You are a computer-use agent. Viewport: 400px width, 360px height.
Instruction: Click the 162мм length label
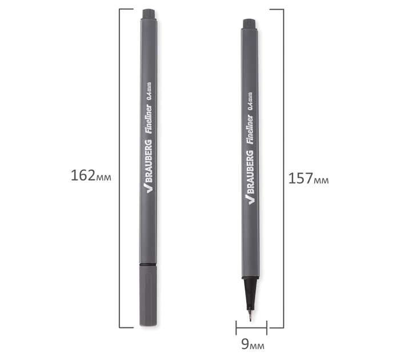(x=91, y=175)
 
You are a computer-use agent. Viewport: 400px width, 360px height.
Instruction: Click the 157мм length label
(x=309, y=178)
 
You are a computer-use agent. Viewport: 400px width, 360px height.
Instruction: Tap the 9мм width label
(x=253, y=344)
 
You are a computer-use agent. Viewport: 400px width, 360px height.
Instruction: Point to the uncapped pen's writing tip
(x=250, y=318)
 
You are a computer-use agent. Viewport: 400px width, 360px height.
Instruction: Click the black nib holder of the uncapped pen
(x=250, y=293)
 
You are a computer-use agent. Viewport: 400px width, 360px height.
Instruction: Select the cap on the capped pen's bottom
(x=148, y=296)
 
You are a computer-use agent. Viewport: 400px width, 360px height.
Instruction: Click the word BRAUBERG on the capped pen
(x=149, y=161)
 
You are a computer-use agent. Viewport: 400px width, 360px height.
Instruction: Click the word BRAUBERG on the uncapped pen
(x=250, y=172)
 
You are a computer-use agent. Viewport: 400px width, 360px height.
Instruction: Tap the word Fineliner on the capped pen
(x=149, y=119)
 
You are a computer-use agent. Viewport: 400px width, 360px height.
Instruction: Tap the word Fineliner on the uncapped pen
(x=250, y=129)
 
